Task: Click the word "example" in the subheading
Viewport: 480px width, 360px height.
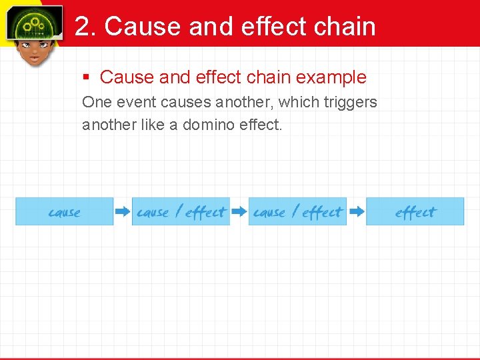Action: [x=331, y=77]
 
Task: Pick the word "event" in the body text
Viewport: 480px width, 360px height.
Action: [x=135, y=103]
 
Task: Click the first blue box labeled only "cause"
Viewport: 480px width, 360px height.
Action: [x=65, y=212]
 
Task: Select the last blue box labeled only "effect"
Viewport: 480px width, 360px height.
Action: [x=415, y=212]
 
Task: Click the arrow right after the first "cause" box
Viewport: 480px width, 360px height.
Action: [x=123, y=212]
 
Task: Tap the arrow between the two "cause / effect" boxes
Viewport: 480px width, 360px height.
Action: [x=239, y=212]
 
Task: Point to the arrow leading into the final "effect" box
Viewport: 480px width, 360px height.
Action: [x=357, y=212]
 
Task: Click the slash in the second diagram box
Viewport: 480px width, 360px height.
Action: [x=178, y=212]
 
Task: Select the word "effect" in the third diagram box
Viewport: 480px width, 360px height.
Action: [x=322, y=212]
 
